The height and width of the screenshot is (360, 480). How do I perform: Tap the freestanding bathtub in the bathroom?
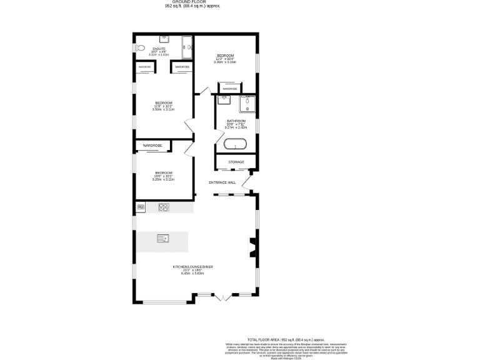click(x=236, y=144)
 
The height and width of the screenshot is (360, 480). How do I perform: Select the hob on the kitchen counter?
click(x=164, y=207)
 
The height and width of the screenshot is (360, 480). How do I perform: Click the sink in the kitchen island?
click(x=162, y=238)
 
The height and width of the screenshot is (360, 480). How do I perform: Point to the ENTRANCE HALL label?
click(x=222, y=182)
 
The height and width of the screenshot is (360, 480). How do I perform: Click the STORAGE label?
click(x=236, y=162)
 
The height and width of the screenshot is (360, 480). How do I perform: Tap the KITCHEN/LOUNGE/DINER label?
click(x=193, y=267)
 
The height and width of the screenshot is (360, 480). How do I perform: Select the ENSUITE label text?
click(x=159, y=48)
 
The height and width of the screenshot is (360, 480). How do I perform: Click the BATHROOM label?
click(x=236, y=121)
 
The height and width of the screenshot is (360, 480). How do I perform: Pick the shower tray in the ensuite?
click(x=187, y=46)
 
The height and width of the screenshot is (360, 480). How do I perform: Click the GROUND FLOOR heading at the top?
click(x=193, y=2)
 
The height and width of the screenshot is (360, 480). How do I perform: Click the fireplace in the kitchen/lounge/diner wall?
click(x=253, y=246)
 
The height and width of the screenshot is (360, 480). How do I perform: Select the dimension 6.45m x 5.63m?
click(x=193, y=273)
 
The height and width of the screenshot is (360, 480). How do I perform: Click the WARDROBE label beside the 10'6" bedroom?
click(x=152, y=146)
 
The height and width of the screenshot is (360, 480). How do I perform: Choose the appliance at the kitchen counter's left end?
click(x=140, y=207)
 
